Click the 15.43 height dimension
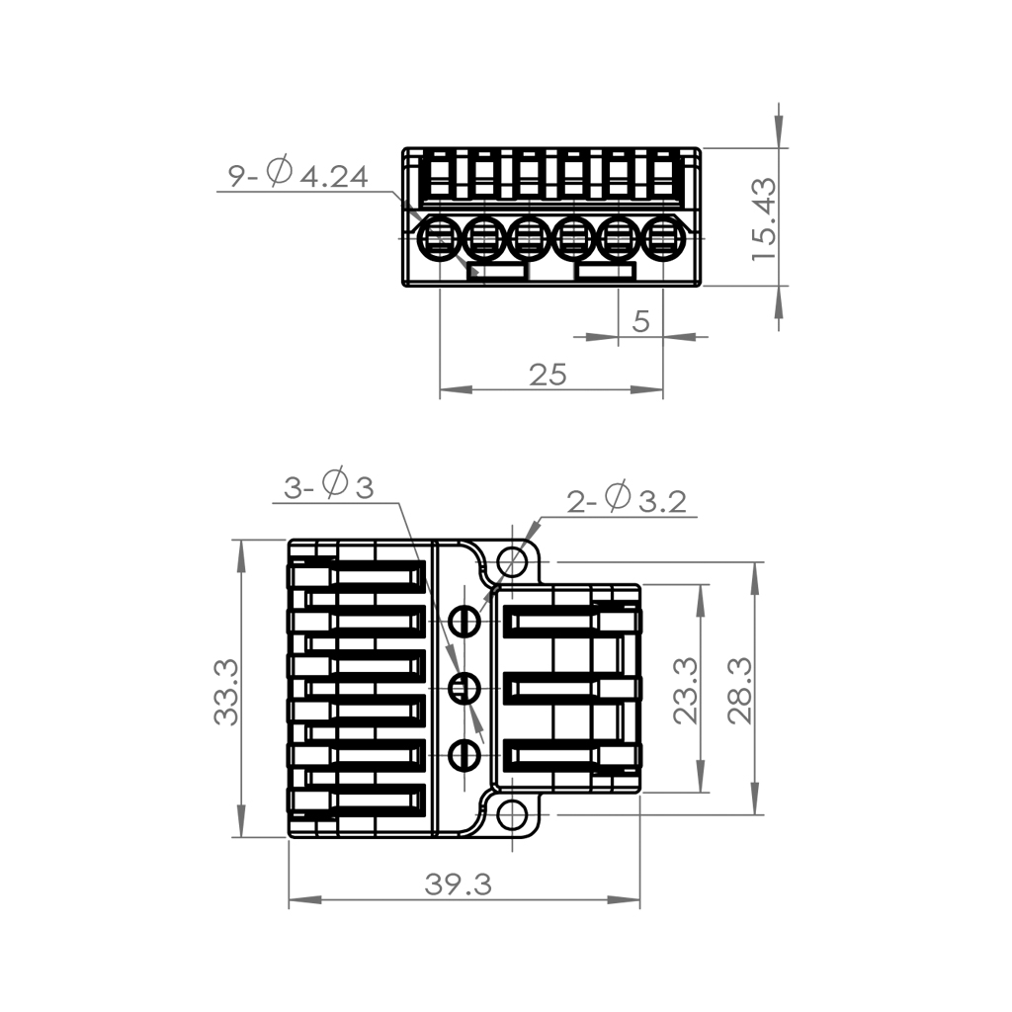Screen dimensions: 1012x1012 click(x=765, y=218)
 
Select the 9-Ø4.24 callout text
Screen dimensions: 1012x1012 click(x=298, y=174)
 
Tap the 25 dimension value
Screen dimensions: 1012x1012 click(x=548, y=375)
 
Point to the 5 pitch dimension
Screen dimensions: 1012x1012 click(x=640, y=321)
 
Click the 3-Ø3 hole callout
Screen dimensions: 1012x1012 click(x=329, y=485)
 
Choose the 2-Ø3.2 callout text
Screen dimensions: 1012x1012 click(x=627, y=499)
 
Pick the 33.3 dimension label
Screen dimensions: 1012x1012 click(x=226, y=692)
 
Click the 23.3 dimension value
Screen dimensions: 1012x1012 click(x=686, y=691)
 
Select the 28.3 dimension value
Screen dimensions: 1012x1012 click(x=740, y=691)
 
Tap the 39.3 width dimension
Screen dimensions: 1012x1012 click(x=459, y=885)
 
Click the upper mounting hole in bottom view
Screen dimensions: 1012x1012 click(x=513, y=561)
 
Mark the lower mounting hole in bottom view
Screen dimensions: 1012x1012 click(x=513, y=815)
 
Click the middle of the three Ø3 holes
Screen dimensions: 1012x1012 click(x=464, y=688)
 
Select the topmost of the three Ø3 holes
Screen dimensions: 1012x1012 click(x=464, y=622)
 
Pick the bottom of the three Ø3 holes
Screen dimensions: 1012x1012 click(x=464, y=755)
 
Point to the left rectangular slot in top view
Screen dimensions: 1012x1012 click(x=498, y=271)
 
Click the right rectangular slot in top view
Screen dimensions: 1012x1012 click(x=606, y=271)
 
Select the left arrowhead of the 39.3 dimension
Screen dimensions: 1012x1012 click(x=304, y=900)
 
